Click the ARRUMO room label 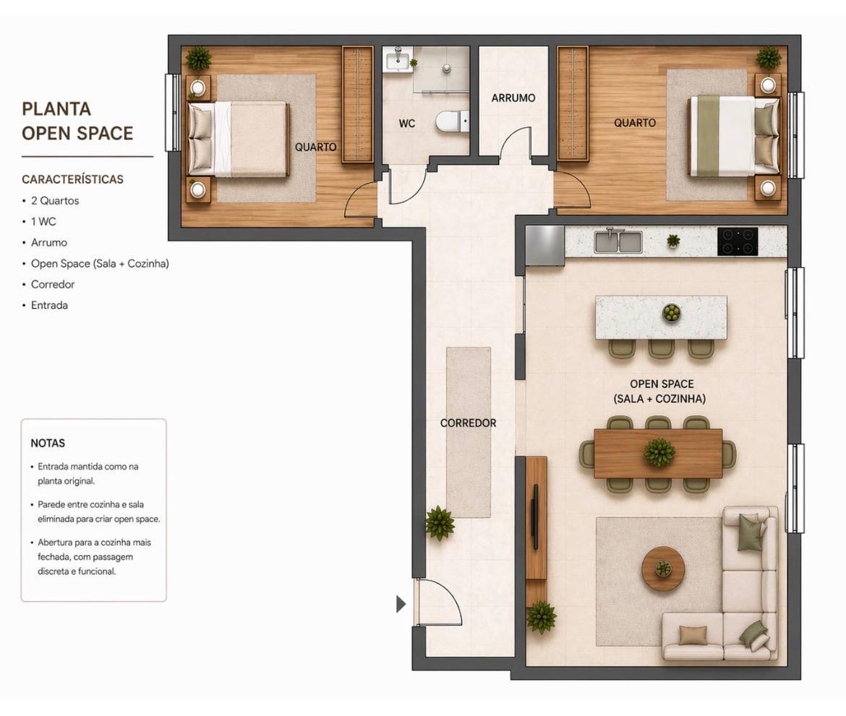(513, 98)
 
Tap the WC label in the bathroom (407, 124)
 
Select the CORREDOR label (469, 423)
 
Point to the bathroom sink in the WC (398, 59)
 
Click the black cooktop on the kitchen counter (738, 241)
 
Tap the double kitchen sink (618, 241)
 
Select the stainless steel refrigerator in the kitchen (545, 245)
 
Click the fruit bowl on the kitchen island (671, 312)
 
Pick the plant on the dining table (659, 451)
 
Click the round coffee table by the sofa (663, 568)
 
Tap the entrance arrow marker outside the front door (401, 604)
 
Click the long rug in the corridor (469, 432)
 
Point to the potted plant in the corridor (439, 523)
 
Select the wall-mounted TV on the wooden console (535, 517)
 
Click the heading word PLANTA (56, 109)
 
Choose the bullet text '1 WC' (43, 222)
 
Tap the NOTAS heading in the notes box (48, 443)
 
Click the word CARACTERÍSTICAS (72, 179)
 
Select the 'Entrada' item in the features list (49, 305)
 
